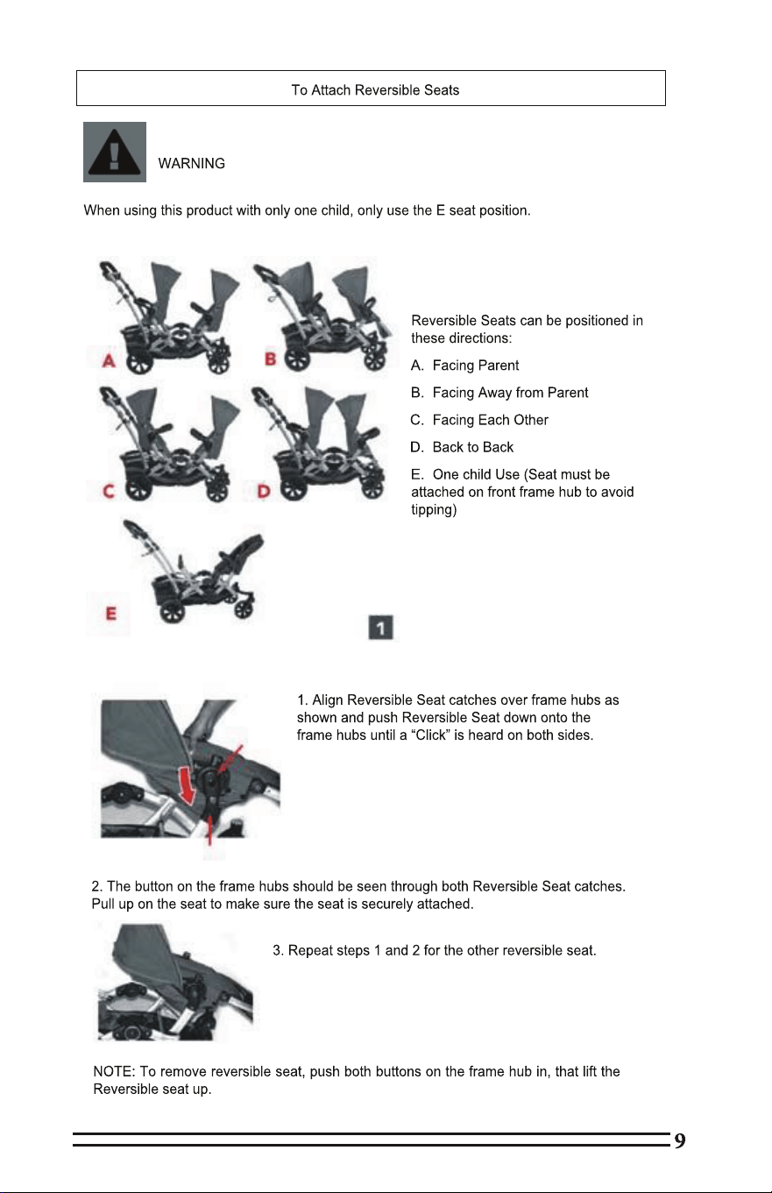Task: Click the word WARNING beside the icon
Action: tap(192, 164)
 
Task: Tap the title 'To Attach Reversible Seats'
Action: tap(375, 90)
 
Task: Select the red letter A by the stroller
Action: tap(109, 361)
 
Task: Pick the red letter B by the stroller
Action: tap(271, 359)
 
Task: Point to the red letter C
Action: tap(109, 491)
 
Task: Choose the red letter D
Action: tap(264, 491)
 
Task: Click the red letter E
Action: tap(110, 614)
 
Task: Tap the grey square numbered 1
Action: tap(380, 628)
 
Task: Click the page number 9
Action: tap(680, 1140)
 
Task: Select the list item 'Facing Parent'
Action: tap(464, 366)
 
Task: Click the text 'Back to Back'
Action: tap(462, 447)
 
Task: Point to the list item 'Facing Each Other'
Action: tap(479, 420)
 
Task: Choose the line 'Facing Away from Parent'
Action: tap(499, 393)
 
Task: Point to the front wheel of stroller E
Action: tap(244, 608)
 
